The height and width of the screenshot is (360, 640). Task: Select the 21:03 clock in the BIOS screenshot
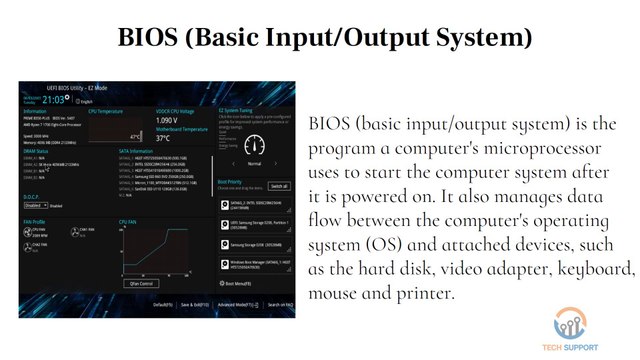click(56, 99)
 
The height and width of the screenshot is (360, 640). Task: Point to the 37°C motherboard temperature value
click(163, 138)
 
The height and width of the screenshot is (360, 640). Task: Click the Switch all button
click(279, 186)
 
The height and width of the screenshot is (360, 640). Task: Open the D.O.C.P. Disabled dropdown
click(34, 206)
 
